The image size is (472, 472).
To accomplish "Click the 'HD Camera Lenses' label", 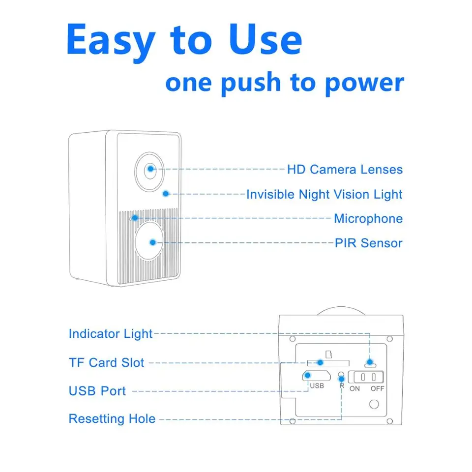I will point(345,170).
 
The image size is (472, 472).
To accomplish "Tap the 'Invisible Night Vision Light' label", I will point(324,194).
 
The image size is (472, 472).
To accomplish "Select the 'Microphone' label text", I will point(368,219).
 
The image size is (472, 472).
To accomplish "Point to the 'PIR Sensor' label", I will point(368,243).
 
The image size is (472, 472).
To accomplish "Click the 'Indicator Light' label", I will point(111,334).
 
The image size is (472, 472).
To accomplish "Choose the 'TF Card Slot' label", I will point(107,363).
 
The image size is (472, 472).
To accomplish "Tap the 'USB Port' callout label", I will point(97,391).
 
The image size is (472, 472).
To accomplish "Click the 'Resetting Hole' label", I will point(112,419).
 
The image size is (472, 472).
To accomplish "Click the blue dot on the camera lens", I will point(150,169).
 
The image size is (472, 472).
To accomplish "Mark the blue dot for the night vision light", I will point(166,194).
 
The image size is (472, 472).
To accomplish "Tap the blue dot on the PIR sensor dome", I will point(153,242).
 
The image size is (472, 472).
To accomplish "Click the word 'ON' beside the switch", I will point(354,389).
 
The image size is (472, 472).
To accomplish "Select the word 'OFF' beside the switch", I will point(378,389).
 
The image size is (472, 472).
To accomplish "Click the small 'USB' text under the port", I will point(317,386).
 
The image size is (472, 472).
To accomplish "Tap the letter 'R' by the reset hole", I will point(342,386).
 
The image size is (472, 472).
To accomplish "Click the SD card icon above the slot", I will point(328,354).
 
